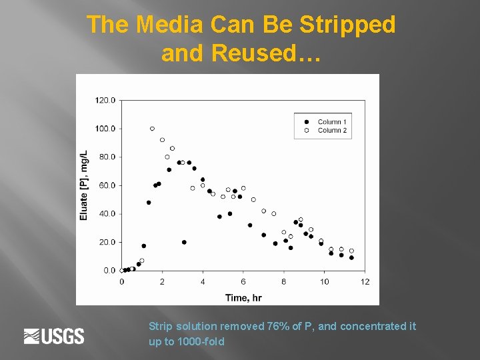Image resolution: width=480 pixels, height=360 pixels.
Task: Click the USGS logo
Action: pyautogui.click(x=54, y=336)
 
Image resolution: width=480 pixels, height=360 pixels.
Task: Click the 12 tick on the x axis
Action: pyautogui.click(x=365, y=282)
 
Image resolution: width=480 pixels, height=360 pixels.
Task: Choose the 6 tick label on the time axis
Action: pyautogui.click(x=243, y=282)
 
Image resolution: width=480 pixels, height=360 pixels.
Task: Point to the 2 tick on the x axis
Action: pyautogui.click(x=162, y=282)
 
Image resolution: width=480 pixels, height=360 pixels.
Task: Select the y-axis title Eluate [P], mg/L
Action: pyautogui.click(x=84, y=185)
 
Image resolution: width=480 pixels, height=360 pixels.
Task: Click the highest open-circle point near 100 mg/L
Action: pyautogui.click(x=152, y=129)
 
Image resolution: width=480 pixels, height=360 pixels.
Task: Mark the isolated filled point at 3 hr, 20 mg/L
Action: pyautogui.click(x=184, y=242)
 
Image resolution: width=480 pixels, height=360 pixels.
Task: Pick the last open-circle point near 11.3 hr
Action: pyautogui.click(x=351, y=251)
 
